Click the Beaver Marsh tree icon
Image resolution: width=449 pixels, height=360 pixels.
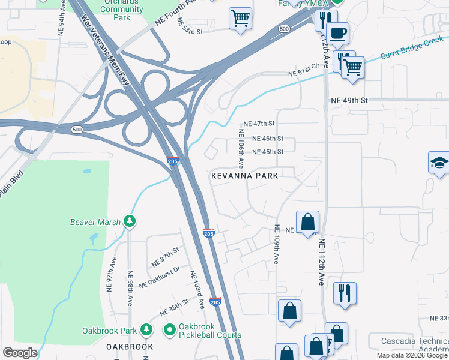(129, 221)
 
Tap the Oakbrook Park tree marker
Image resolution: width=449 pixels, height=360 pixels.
(146, 330)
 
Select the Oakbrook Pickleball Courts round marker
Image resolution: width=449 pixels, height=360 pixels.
(170, 330)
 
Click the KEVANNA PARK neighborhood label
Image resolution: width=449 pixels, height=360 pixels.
(244, 176)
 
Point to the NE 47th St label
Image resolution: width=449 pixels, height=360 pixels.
(255, 124)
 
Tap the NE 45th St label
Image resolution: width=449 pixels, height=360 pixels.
(267, 152)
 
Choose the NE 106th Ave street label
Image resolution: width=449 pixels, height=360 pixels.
(241, 148)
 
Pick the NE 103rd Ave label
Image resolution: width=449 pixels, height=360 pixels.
(197, 290)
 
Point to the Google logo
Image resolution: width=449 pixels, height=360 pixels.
(20, 353)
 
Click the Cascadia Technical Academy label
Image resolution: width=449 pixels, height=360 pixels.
(415, 346)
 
